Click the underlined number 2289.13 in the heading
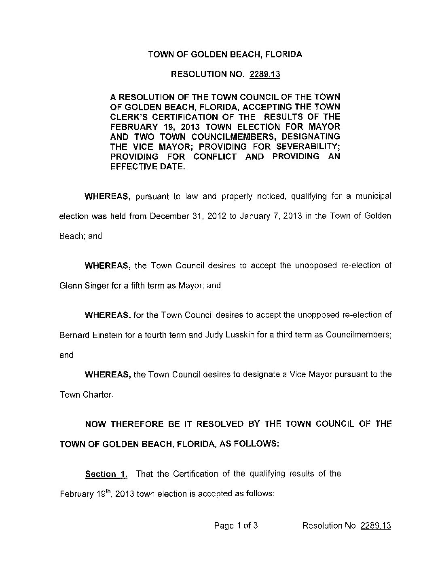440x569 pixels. point(265,74)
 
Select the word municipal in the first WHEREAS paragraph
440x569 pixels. point(374,196)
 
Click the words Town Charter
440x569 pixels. point(85,394)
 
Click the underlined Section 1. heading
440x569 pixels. point(106,474)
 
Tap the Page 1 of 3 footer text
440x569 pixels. point(236,526)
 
